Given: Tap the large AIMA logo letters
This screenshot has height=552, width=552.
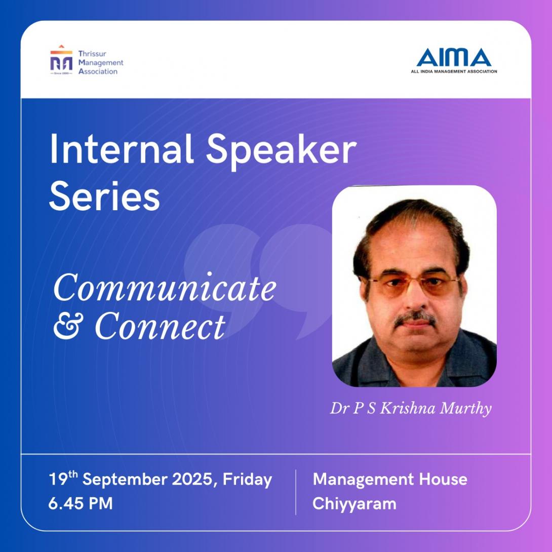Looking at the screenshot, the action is pos(454,57).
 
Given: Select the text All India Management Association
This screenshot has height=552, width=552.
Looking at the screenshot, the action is pos(454,71).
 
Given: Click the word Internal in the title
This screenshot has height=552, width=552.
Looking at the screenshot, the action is pos(122,149).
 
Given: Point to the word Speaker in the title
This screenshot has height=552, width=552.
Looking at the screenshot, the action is pos(281,152).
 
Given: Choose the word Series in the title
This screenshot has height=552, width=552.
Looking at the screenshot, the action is pos(104,196).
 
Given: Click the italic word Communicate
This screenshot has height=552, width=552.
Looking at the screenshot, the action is pos(165,288).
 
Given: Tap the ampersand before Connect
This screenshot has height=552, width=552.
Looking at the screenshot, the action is pos(68,327).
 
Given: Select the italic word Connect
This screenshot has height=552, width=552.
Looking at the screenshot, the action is pos(160,326).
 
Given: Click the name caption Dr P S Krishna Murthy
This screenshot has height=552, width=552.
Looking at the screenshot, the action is pos(411,409).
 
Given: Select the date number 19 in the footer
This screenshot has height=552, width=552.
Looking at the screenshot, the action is pos(58,479).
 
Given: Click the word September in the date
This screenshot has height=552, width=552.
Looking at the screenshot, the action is pos(125,480).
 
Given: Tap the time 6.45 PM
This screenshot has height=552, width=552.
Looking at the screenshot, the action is pos(81,503).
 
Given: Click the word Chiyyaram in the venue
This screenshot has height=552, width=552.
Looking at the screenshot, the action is pos(354,504).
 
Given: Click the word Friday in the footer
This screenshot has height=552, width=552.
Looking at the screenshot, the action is pos(248,480).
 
